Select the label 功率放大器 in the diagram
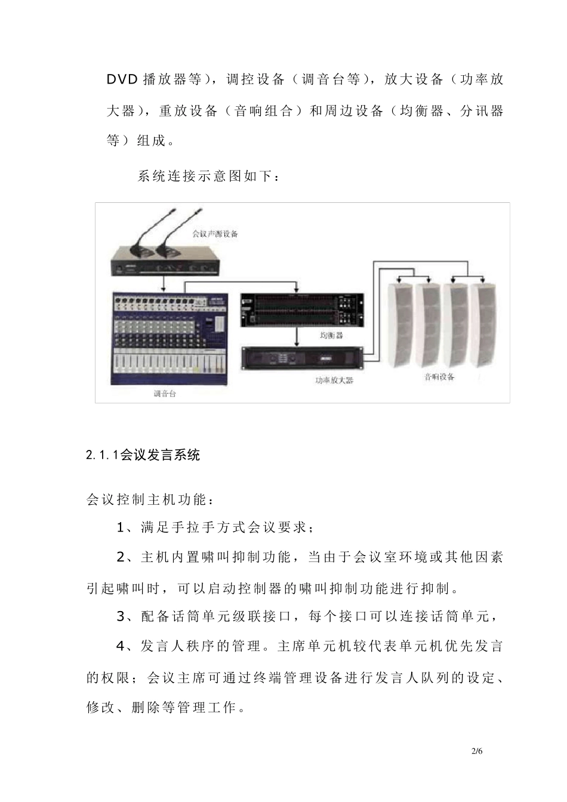(x=334, y=380)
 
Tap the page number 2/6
(x=476, y=751)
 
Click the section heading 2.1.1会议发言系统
(x=143, y=455)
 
